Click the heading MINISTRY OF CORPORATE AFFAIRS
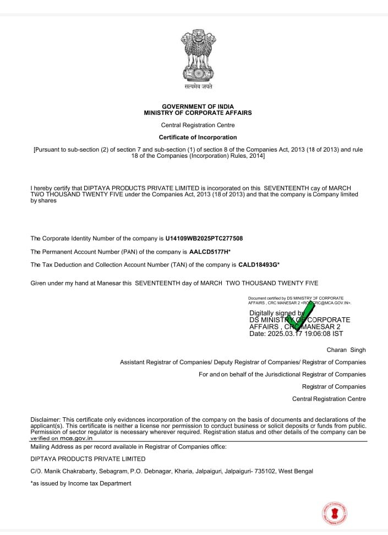tap(198, 113)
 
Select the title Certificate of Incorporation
tap(198, 137)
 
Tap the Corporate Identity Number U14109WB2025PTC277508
tap(204, 239)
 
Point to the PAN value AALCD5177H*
tap(210, 251)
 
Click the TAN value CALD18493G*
tap(259, 264)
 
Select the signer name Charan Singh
tap(346, 350)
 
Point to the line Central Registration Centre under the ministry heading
tap(198, 125)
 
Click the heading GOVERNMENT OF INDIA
tap(198, 106)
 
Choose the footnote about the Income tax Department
tap(80, 483)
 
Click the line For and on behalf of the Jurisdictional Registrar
tap(282, 374)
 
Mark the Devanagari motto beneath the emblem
tap(198, 86)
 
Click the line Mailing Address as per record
tap(128, 446)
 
